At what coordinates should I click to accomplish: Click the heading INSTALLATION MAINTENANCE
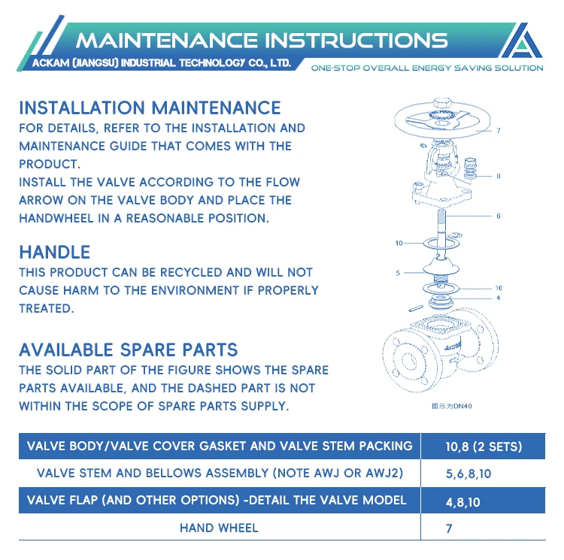150,108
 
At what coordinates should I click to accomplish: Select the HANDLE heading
54,253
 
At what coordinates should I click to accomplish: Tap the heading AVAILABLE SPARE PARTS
128,350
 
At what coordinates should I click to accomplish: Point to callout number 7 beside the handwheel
498,130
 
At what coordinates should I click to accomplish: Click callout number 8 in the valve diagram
498,177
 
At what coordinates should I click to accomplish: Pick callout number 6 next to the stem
498,216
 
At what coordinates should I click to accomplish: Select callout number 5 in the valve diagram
398,271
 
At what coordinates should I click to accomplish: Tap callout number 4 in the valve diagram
498,297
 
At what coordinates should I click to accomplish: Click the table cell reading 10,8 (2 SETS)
483,446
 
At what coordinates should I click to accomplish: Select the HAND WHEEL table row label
219,528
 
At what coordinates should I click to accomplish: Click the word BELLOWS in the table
199,473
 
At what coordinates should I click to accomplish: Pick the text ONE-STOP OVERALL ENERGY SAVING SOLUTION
426,68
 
